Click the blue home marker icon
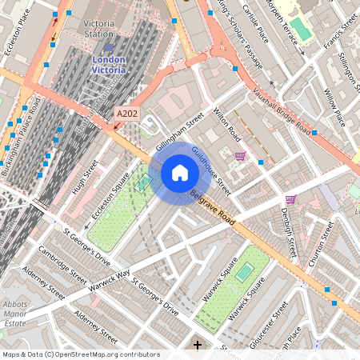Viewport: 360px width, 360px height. (180, 173)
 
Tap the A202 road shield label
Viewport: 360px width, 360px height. (126, 115)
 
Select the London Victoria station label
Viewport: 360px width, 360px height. (110, 64)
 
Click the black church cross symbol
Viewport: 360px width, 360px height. (198, 345)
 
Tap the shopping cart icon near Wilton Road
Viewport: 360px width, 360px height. (240, 156)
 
